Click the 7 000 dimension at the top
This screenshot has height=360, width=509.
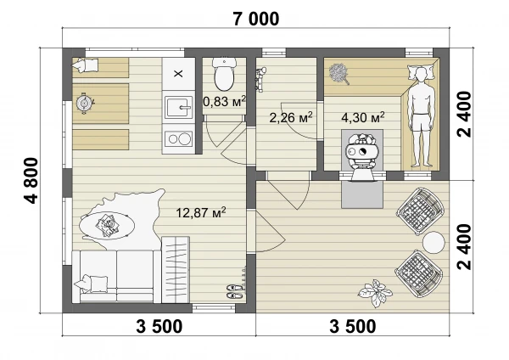pyautogui.click(x=256, y=19)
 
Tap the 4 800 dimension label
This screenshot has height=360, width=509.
pyautogui.click(x=31, y=181)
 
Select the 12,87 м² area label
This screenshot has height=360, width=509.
pyautogui.click(x=201, y=212)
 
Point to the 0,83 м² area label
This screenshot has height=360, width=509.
pyautogui.click(x=224, y=101)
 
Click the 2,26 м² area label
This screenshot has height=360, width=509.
pyautogui.click(x=291, y=117)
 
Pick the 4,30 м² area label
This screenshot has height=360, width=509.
pyautogui.click(x=363, y=116)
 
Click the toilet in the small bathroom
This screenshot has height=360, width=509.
pyautogui.click(x=224, y=74)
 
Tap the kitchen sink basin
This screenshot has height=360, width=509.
pyautogui.click(x=179, y=107)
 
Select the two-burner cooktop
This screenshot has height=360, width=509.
pyautogui.click(x=179, y=139)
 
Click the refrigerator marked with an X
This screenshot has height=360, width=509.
pyautogui.click(x=178, y=74)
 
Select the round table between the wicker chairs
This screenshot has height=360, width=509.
pyautogui.click(x=433, y=243)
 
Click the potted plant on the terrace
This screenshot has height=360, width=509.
pyautogui.click(x=375, y=293)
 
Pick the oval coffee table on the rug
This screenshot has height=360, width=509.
pyautogui.click(x=107, y=225)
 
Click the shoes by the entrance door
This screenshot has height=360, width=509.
pyautogui.click(x=234, y=291)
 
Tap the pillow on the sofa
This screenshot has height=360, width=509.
pyautogui.click(x=92, y=283)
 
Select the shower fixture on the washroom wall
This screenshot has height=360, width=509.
pyautogui.click(x=260, y=79)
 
